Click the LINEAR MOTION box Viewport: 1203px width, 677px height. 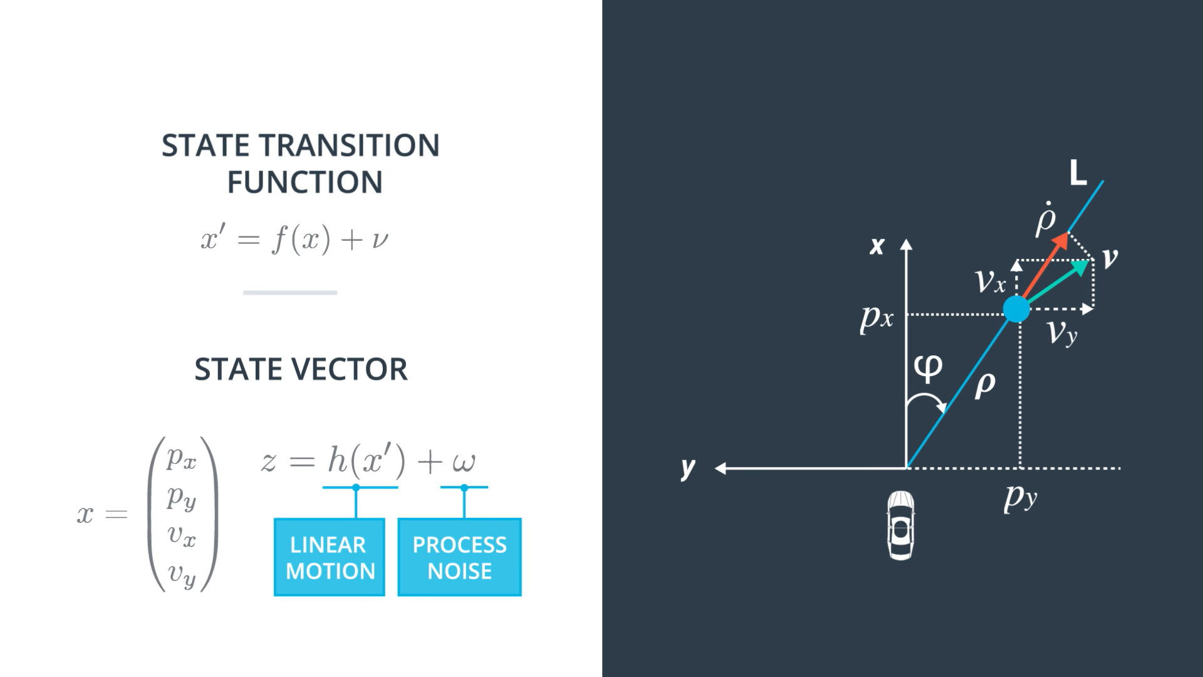pyautogui.click(x=330, y=557)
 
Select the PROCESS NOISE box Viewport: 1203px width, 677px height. pyautogui.click(x=459, y=557)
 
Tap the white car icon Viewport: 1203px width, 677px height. pyautogui.click(x=901, y=525)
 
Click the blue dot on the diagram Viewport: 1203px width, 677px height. pyautogui.click(x=1016, y=309)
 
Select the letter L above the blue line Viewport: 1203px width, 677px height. pyautogui.click(x=1078, y=172)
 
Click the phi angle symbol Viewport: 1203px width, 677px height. pyautogui.click(x=928, y=369)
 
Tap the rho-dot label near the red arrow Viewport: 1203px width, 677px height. pyautogui.click(x=1046, y=219)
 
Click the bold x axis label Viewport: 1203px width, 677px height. pyautogui.click(x=877, y=246)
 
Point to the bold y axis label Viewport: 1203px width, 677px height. pyautogui.click(x=688, y=468)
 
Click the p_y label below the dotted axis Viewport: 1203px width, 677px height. pyautogui.click(x=1021, y=499)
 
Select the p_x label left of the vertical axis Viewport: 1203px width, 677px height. pyautogui.click(x=877, y=318)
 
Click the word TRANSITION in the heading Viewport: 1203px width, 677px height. pyautogui.click(x=350, y=145)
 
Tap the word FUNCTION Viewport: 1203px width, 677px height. pyautogui.click(x=305, y=182)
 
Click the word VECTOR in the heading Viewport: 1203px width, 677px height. pyautogui.click(x=353, y=369)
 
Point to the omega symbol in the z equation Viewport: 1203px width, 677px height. pyautogui.click(x=464, y=463)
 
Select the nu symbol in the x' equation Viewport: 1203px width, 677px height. pyautogui.click(x=380, y=240)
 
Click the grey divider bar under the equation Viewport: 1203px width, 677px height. pyautogui.click(x=290, y=292)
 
